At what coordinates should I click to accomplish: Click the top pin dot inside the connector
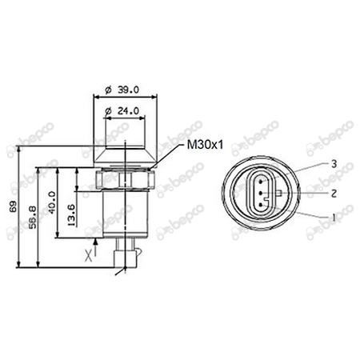pyautogui.click(x=262, y=183)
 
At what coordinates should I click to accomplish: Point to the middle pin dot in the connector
pyautogui.click(x=262, y=194)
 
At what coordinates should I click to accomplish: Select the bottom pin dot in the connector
pyautogui.click(x=262, y=205)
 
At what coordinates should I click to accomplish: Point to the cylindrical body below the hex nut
pyautogui.click(x=124, y=212)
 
